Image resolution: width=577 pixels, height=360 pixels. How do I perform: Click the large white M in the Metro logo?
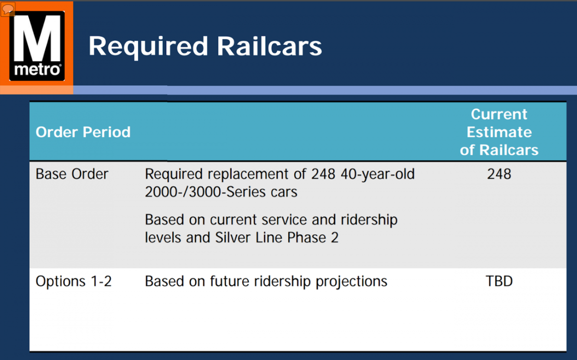tap(37, 37)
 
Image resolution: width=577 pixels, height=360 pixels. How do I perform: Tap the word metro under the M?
tap(37, 70)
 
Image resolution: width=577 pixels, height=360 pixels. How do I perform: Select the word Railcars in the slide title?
tap(269, 46)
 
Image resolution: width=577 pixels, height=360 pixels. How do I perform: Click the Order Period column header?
tap(83, 132)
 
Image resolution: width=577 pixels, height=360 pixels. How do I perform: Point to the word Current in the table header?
tap(499, 114)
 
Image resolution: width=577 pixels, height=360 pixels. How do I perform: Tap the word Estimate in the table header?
tap(499, 132)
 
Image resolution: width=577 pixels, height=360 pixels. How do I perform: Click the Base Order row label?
tap(72, 174)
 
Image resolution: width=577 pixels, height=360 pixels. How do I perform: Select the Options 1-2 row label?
tap(74, 281)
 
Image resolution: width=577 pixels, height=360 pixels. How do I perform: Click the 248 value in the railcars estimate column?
tap(499, 174)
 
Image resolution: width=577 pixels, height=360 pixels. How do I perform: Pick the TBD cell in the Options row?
tap(499, 281)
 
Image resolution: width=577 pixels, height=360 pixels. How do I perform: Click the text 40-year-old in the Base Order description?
tap(377, 174)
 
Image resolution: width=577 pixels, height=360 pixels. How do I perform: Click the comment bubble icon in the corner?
tap(8, 9)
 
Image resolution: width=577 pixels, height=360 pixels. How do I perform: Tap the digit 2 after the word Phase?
tap(335, 237)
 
